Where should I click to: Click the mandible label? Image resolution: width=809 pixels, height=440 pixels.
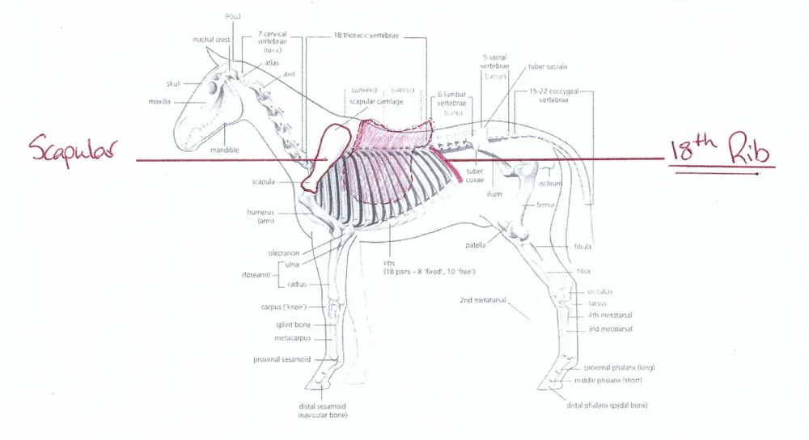(x=225, y=150)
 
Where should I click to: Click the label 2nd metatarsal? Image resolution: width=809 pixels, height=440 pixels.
(x=482, y=300)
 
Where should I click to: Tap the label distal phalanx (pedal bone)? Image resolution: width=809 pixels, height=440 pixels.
(x=607, y=405)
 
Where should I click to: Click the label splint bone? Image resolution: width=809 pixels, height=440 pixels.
(x=294, y=324)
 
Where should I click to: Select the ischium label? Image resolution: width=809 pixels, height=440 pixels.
(x=550, y=184)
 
